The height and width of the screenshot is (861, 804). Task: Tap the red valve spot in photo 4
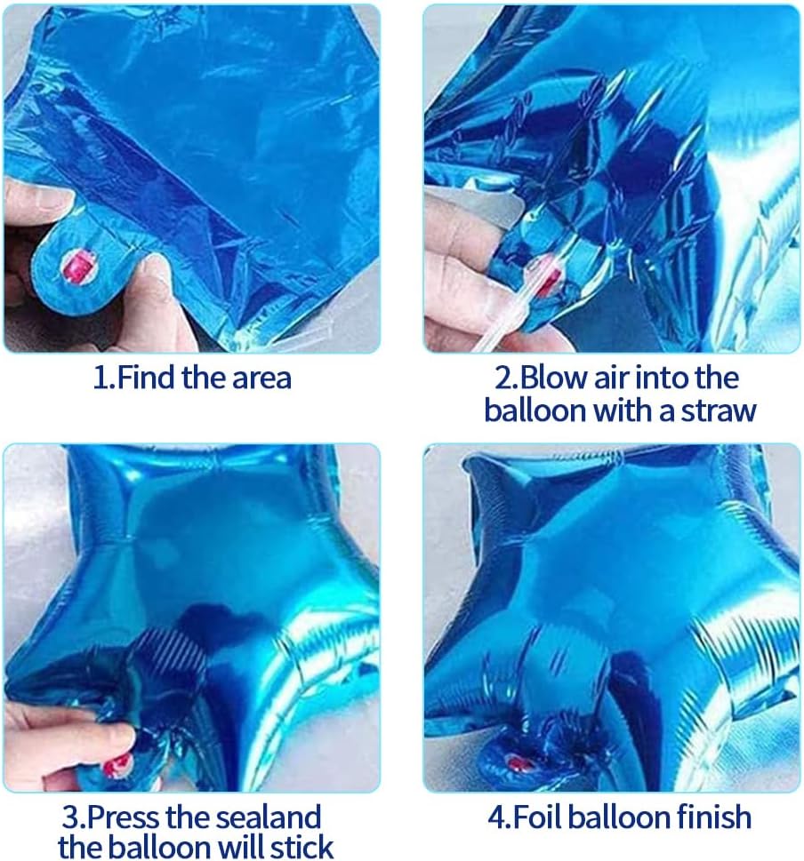point(515,761)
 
